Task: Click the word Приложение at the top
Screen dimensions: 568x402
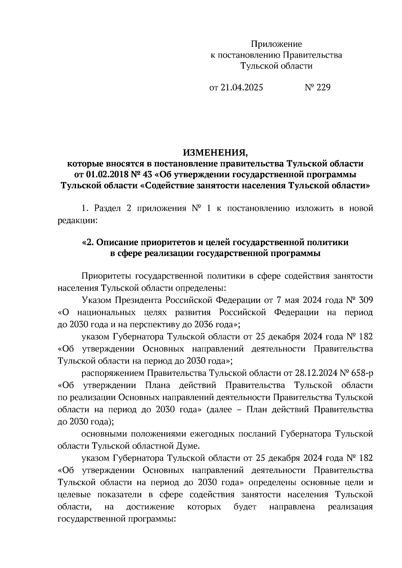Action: pos(276,44)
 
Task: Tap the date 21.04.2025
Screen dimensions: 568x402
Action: pos(242,88)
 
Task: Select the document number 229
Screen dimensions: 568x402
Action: pos(323,88)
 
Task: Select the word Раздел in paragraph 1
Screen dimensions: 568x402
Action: pos(108,209)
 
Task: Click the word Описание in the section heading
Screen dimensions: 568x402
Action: pos(117,243)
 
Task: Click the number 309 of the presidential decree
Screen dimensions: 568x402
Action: pos(365,300)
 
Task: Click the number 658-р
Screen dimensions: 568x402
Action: pos(361,373)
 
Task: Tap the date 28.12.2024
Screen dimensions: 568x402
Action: pos(316,373)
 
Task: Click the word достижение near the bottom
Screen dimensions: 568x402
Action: pos(150,507)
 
